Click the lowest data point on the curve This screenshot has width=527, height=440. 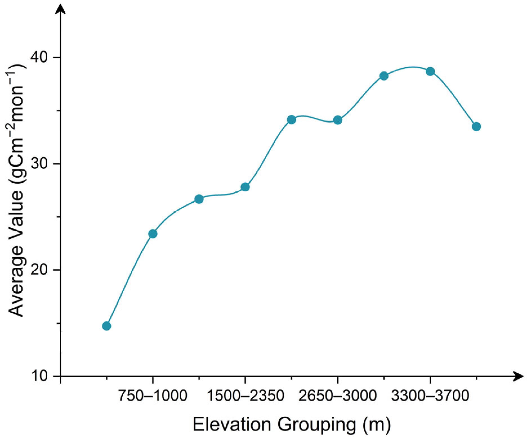[106, 326]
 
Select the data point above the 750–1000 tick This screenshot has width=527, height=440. [153, 234]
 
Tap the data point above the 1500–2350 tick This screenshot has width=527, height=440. [245, 187]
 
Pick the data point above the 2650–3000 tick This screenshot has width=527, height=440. [338, 120]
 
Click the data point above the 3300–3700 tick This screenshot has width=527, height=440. [430, 72]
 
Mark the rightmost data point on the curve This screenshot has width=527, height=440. [476, 126]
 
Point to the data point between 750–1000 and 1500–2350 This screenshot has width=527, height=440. [199, 199]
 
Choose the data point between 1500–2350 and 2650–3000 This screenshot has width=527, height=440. [291, 120]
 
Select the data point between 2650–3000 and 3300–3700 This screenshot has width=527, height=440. [384, 76]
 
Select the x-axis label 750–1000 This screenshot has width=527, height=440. [153, 396]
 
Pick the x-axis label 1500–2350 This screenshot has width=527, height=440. [245, 396]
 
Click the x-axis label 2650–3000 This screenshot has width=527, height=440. [338, 396]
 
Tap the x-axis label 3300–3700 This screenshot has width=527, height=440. [430, 396]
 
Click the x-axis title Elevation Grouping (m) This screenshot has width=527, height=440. [292, 425]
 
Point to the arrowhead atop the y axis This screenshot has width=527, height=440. [61, 8]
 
